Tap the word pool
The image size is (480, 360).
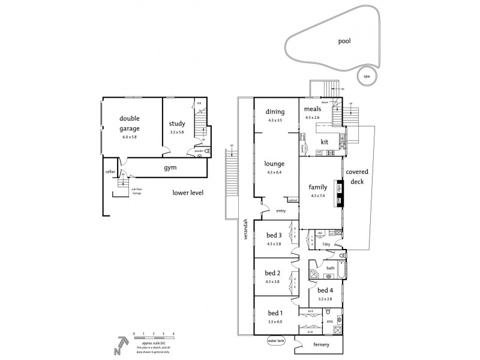344,41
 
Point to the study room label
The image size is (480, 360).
178,124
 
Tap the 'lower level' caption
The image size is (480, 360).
188,193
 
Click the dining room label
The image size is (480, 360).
275,112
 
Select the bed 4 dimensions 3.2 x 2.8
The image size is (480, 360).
326,298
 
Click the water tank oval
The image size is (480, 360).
277,341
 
